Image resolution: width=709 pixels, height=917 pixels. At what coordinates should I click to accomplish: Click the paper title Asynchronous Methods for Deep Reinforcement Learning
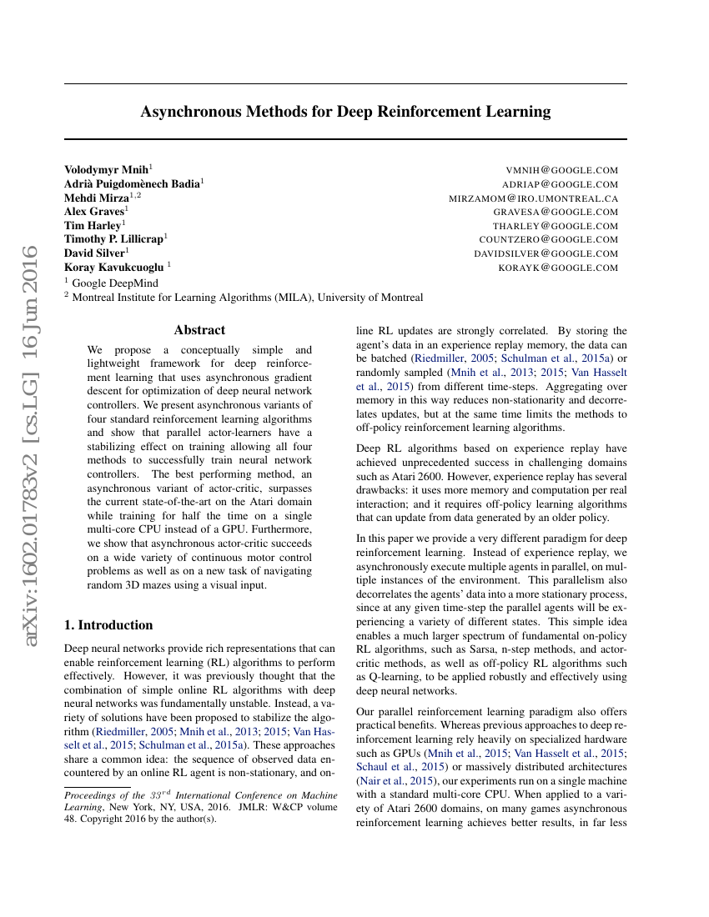pos(345,112)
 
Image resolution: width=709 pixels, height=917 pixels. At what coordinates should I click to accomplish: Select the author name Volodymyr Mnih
pos(106,169)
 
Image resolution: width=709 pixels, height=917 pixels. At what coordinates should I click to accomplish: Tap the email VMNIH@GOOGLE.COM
pos(562,170)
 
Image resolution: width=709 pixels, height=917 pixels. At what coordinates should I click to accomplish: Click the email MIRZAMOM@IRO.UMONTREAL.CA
pos(534,198)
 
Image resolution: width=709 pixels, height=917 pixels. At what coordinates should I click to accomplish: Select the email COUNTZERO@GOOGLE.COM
pos(549,240)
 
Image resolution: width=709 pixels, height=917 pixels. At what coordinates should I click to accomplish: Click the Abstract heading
pos(199,330)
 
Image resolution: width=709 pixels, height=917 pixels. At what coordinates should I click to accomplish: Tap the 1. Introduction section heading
pos(108,625)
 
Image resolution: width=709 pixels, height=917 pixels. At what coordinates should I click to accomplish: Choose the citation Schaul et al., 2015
pos(400,766)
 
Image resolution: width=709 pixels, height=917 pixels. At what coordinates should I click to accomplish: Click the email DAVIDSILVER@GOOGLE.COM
pos(546,254)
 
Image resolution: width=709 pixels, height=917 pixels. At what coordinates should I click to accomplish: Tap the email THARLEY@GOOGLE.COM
pos(556,226)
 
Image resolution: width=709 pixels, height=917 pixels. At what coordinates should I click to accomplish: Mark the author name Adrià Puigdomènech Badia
pos(131,183)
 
